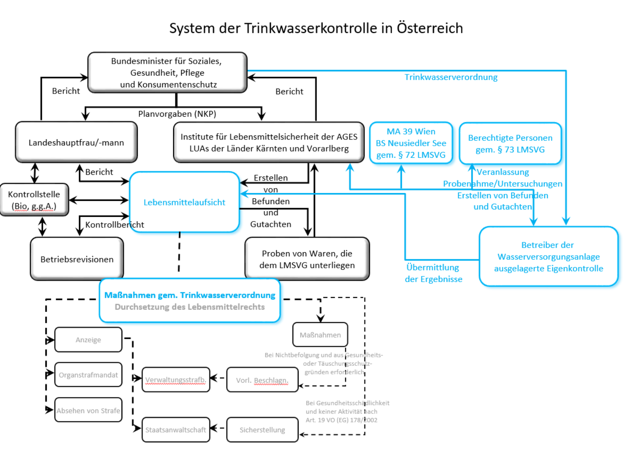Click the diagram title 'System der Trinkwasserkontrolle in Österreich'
[x=316, y=28]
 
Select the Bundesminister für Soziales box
[x=167, y=73]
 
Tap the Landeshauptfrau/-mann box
[x=76, y=143]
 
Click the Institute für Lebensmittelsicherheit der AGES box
[x=269, y=143]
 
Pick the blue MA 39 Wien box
[x=411, y=143]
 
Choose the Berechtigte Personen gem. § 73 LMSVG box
[x=510, y=143]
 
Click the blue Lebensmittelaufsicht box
[x=184, y=202]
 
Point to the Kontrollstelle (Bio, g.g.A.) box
[x=34, y=200]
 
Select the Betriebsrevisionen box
[x=77, y=259]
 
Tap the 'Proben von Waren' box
[x=307, y=259]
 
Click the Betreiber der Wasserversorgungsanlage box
[x=548, y=257]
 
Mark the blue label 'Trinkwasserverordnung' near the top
[x=451, y=77]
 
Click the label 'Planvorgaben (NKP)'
[x=177, y=114]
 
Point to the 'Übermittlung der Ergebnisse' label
[x=433, y=273]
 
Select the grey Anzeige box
[x=88, y=340]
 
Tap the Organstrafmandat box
[x=88, y=375]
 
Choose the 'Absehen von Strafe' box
[x=88, y=410]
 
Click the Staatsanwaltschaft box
[x=176, y=430]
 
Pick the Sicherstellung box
[x=262, y=430]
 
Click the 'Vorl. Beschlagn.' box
[x=262, y=380]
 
